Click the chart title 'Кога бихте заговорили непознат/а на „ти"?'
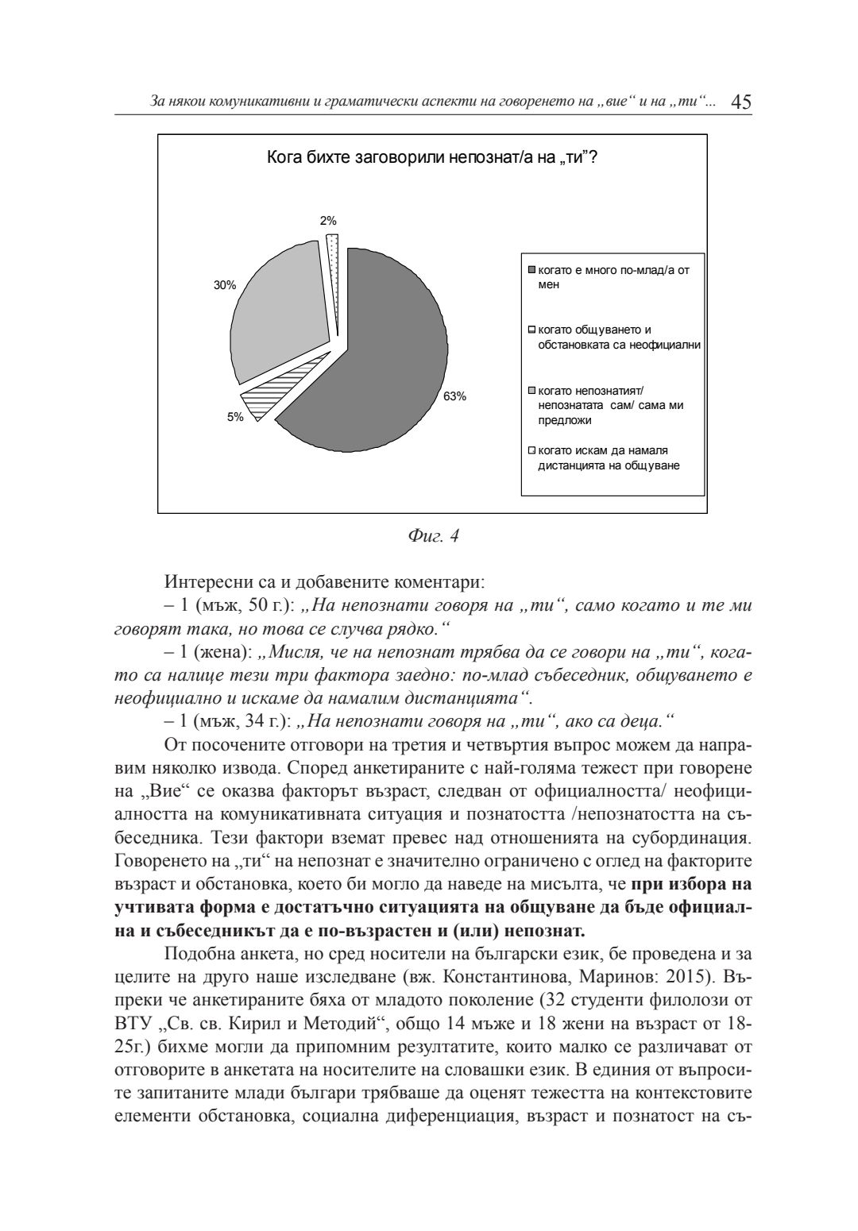[x=432, y=157]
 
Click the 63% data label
[x=455, y=396]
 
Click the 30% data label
[x=225, y=285]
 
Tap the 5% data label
[x=235, y=417]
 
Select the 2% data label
[x=328, y=221]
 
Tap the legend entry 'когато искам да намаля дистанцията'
[x=609, y=458]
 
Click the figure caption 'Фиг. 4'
[x=432, y=536]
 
